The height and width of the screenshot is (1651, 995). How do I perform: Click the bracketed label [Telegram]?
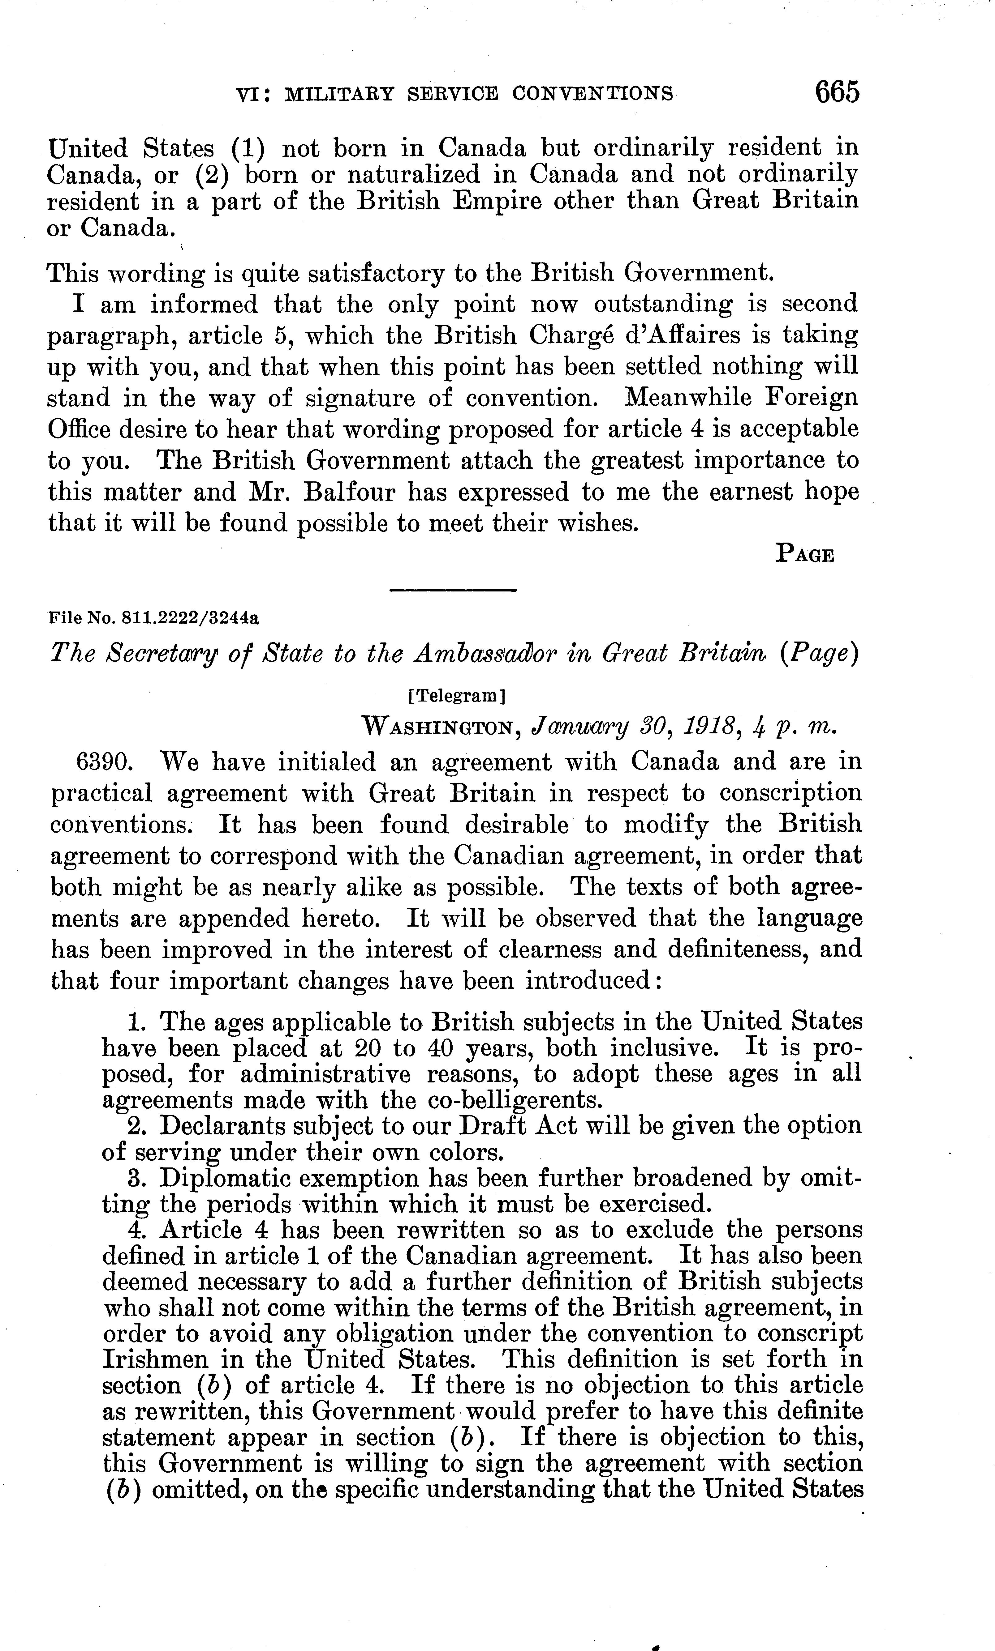[456, 696]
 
